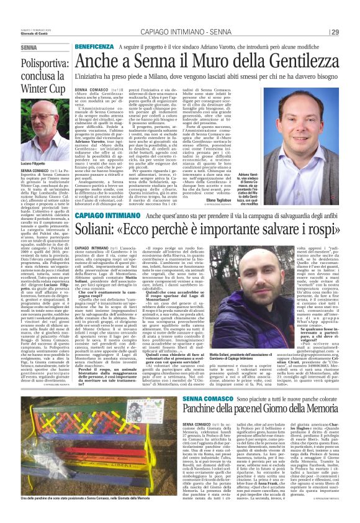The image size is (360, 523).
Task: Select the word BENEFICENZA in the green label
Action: tap(94, 47)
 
